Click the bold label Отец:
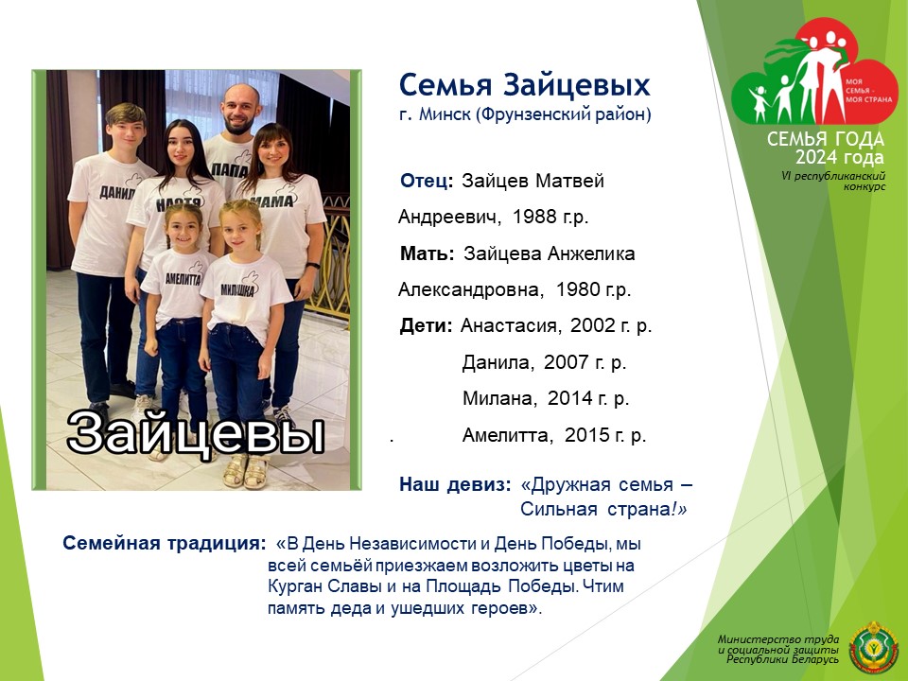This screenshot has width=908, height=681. coord(427,181)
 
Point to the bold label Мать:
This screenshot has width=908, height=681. coord(428,253)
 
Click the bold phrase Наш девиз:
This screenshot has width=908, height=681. coord(455,484)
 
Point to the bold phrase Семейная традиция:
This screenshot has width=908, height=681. coord(165,543)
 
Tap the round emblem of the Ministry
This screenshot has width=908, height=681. coord(873,648)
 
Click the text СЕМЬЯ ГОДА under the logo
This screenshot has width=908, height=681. coord(826,139)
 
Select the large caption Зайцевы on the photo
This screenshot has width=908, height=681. coord(195,432)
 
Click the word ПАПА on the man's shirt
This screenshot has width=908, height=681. coord(231,169)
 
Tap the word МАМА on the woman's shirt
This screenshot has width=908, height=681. coord(272,201)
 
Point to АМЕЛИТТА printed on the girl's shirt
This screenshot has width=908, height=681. coord(183,279)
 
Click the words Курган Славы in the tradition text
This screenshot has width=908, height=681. coord(324,586)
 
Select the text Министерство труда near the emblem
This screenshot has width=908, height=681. coord(777,639)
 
